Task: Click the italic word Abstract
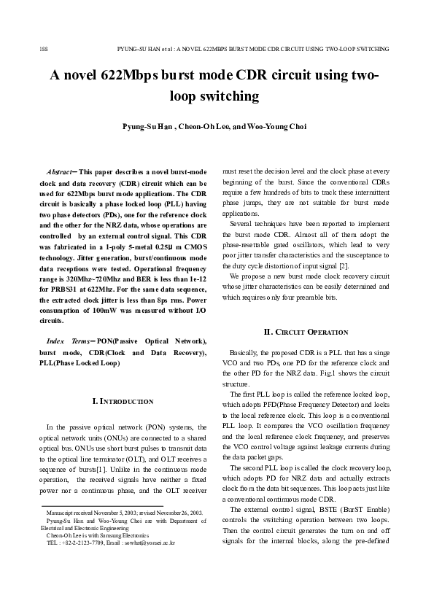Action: tap(58, 170)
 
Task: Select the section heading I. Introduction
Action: tap(123, 401)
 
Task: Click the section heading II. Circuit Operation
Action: tap(306, 333)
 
